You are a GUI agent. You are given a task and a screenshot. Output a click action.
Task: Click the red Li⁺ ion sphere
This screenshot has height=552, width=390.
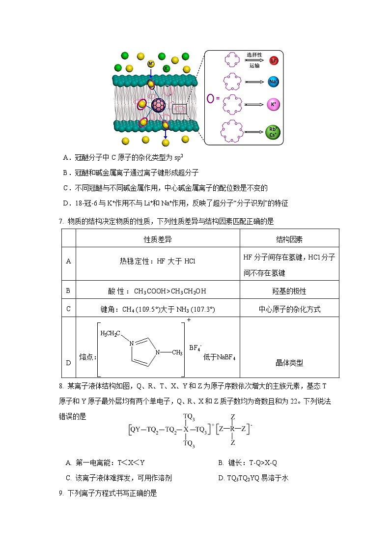[274, 60]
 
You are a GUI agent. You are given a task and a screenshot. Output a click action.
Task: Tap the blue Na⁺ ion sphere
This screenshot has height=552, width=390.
[274, 82]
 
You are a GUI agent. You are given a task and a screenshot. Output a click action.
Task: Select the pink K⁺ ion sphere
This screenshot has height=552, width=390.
[274, 104]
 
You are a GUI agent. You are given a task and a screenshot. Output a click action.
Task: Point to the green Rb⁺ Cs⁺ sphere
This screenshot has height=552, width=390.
[273, 132]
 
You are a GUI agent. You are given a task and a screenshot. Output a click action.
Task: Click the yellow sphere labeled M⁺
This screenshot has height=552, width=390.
[151, 64]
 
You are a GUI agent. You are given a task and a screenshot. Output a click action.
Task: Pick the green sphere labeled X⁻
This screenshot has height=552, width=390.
[167, 68]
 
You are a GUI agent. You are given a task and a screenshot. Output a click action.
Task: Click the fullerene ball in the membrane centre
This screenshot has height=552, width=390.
[159, 105]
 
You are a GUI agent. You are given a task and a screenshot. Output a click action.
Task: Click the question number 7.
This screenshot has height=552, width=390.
[60, 221]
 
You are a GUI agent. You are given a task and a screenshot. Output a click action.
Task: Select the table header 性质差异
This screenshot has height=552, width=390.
[158, 239]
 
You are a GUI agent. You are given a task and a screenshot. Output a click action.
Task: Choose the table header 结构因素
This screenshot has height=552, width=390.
[289, 239]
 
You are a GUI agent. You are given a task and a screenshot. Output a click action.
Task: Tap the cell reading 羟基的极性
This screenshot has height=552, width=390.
[289, 291]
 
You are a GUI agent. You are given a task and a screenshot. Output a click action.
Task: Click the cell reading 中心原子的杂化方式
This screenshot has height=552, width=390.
[289, 309]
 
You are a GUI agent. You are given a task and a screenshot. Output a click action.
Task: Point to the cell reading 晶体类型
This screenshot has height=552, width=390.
[289, 363]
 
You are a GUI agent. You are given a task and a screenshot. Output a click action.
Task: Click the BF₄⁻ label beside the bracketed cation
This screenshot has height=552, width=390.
[195, 348]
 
